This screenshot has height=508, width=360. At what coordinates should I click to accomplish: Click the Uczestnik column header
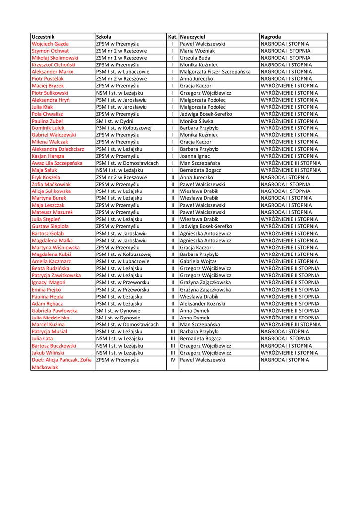[43, 37]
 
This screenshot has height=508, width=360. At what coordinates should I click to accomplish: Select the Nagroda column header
[271, 37]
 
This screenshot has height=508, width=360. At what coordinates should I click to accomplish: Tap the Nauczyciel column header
[193, 37]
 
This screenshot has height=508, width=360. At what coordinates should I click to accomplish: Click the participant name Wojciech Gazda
[50, 44]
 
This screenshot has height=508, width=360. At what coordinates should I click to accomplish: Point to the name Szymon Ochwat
[50, 51]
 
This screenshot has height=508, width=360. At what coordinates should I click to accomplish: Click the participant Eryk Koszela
[46, 177]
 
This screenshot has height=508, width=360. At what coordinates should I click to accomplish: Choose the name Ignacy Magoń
[48, 282]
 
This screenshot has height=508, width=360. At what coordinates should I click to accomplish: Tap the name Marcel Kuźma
[48, 324]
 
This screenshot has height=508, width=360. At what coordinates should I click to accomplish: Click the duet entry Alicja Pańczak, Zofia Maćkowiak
[62, 363]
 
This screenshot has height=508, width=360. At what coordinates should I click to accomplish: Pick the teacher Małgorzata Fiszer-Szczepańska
[215, 72]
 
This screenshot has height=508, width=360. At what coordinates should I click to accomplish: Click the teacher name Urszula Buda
[195, 58]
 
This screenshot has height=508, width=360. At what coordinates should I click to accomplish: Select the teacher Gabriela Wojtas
[198, 261]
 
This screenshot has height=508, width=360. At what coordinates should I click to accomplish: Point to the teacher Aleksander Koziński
[204, 304]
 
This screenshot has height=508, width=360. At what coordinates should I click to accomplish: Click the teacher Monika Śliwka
[197, 121]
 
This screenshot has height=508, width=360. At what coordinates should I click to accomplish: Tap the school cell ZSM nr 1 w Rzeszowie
[122, 58]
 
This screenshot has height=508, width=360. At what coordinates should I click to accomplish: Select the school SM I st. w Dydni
[115, 121]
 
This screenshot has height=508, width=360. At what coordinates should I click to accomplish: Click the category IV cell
[173, 360]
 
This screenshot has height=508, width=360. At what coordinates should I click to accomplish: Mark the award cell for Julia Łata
[286, 339]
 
